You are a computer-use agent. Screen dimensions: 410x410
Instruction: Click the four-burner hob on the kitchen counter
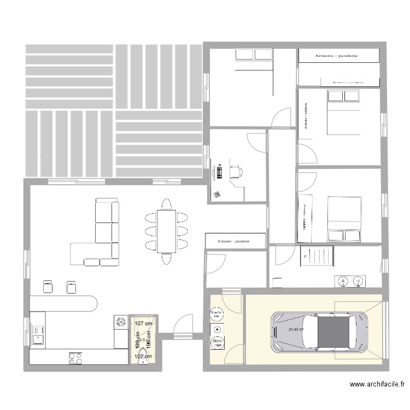75,358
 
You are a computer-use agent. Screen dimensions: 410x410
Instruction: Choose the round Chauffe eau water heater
216,314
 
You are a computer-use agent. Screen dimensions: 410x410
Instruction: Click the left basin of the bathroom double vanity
343,281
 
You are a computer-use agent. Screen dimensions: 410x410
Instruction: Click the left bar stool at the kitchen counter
48,286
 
